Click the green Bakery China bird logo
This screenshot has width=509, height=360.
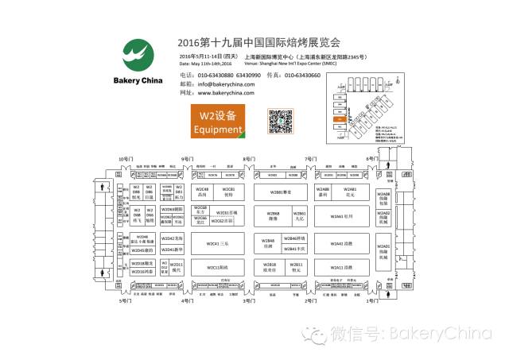coord(139,58)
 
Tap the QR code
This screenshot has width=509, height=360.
coord(278,122)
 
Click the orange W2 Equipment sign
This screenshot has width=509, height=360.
coord(216,122)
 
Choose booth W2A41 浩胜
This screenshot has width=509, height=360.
coord(339,243)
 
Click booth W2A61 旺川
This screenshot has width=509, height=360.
coord(339,216)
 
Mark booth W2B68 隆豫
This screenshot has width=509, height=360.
coord(272,216)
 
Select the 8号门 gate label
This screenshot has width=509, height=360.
coord(249,160)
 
